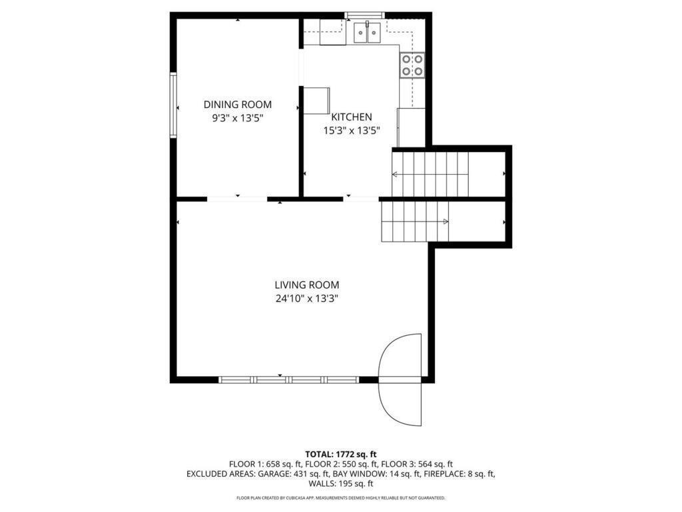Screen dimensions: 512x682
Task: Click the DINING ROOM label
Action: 238,105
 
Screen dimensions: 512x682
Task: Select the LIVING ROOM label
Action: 308,285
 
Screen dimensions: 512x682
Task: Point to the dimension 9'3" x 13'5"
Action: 238,118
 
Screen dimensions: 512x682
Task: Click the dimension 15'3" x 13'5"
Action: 352,131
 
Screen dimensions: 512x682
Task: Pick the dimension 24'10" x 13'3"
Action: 308,299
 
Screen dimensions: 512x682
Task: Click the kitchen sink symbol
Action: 367,32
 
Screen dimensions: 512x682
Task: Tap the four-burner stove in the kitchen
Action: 412,65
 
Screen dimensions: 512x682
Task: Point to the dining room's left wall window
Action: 173,105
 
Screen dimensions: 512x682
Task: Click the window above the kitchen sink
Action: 364,15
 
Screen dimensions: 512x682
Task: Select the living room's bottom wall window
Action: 289,379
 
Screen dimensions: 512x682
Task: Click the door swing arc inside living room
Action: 401,356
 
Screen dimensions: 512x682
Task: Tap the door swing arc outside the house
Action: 401,404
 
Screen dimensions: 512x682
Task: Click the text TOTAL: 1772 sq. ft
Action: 340,454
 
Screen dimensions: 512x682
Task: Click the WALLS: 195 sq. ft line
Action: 341,484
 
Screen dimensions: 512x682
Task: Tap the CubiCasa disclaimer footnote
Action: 341,498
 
